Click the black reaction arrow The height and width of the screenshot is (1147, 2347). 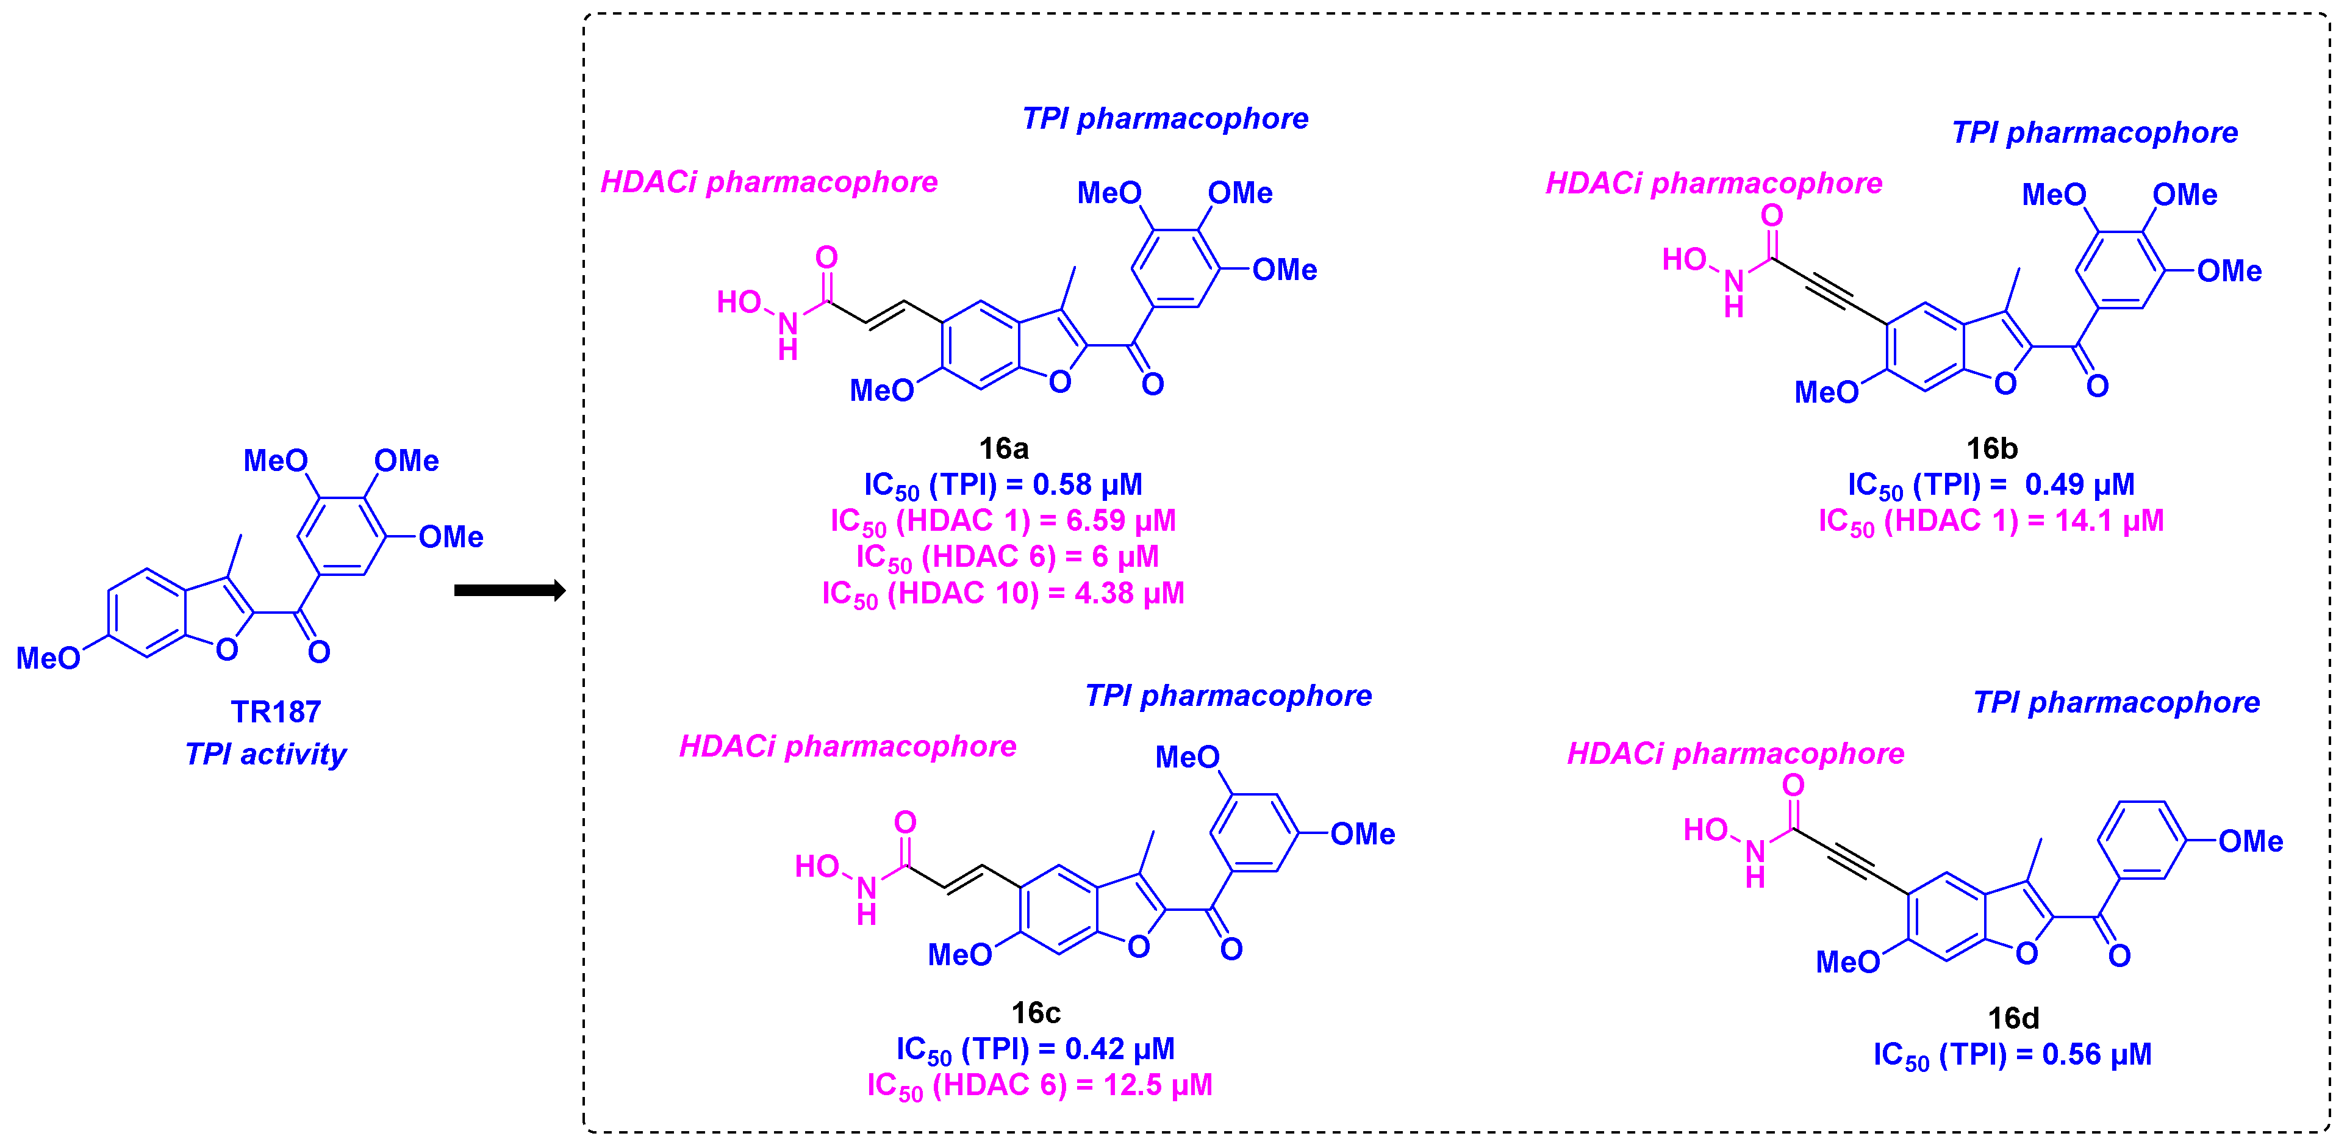point(509,591)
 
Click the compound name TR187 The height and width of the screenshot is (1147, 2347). point(275,711)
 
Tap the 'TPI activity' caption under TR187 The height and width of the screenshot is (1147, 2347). point(265,753)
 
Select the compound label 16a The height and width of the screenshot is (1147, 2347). point(1003,448)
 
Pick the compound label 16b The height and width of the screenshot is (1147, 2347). point(1991,448)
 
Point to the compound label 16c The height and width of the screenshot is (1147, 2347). point(1036,1012)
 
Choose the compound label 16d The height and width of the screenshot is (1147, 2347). point(2013,1018)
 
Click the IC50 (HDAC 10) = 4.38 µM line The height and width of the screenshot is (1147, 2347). point(1003,593)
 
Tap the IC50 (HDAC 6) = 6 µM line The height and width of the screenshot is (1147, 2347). point(1007,556)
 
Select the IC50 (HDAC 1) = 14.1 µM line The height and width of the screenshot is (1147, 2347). point(1991,521)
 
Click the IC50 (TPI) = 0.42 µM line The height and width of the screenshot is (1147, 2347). point(1035,1049)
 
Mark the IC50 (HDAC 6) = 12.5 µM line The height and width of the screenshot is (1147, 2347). point(1039,1085)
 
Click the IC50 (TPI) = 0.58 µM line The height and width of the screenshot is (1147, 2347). point(1003,484)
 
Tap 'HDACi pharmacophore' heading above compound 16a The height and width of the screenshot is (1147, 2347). point(769,182)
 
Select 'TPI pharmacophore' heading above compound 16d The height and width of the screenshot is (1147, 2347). point(2116,702)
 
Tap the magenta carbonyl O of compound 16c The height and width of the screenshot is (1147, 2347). point(905,822)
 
